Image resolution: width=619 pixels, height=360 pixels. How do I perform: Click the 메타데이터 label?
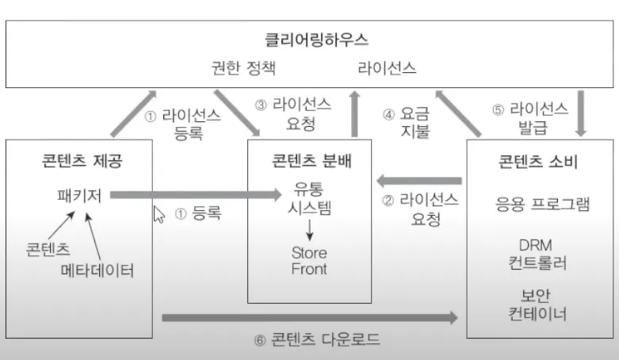point(97,270)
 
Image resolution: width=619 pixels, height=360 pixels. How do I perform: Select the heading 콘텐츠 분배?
point(310,162)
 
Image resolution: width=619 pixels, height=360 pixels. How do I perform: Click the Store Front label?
point(309,261)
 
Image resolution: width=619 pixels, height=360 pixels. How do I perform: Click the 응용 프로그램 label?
point(542,204)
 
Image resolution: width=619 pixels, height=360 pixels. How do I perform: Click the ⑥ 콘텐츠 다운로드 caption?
point(317,340)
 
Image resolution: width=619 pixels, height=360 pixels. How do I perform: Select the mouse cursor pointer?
point(159,214)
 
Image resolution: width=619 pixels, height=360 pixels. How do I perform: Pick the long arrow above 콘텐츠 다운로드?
point(309,318)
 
